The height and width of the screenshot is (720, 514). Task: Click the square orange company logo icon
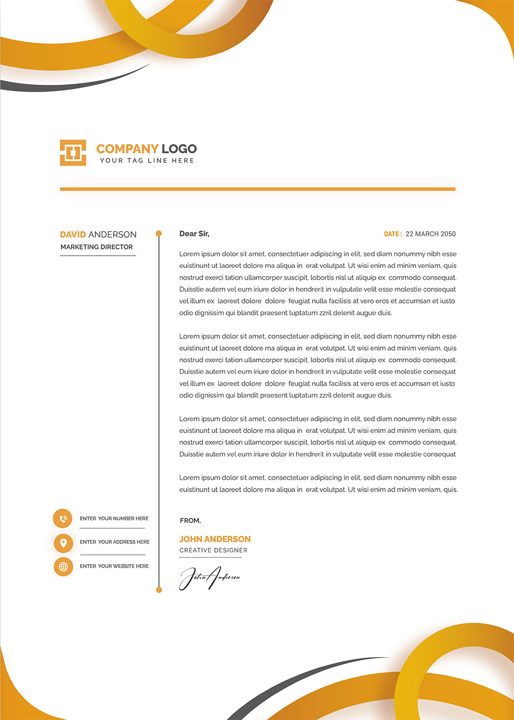pyautogui.click(x=73, y=153)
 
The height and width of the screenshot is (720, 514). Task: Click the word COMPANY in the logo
pyautogui.click(x=127, y=149)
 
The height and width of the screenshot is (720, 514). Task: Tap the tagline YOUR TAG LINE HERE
pyautogui.click(x=147, y=160)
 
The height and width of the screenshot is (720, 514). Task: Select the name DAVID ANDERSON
pyautogui.click(x=98, y=235)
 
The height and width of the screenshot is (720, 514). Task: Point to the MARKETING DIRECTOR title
pyautogui.click(x=97, y=247)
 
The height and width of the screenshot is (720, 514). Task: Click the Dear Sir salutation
pyautogui.click(x=194, y=233)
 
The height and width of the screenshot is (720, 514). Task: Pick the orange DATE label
pyautogui.click(x=393, y=234)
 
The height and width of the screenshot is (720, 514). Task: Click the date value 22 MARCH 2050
pyautogui.click(x=431, y=234)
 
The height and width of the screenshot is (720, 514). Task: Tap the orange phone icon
pyautogui.click(x=63, y=518)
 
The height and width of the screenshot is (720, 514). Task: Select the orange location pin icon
pyautogui.click(x=63, y=543)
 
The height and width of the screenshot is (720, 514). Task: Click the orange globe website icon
pyautogui.click(x=63, y=567)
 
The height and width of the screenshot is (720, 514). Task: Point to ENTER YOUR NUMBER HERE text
pyautogui.click(x=114, y=518)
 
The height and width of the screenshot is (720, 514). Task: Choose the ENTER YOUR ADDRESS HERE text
pyautogui.click(x=115, y=542)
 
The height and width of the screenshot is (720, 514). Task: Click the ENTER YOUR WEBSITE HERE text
pyautogui.click(x=114, y=566)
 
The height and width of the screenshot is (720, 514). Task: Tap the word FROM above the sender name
pyautogui.click(x=190, y=520)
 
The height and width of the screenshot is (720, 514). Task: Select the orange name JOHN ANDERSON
pyautogui.click(x=215, y=539)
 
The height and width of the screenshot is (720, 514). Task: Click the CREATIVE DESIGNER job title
pyautogui.click(x=213, y=550)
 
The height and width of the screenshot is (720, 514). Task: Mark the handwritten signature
pyautogui.click(x=209, y=578)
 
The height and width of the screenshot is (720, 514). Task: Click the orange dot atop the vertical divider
pyautogui.click(x=159, y=233)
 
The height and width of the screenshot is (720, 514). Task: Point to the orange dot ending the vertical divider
pyautogui.click(x=159, y=590)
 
